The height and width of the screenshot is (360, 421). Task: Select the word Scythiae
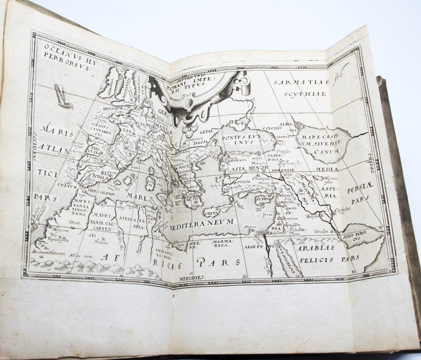[x=306, y=94]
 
